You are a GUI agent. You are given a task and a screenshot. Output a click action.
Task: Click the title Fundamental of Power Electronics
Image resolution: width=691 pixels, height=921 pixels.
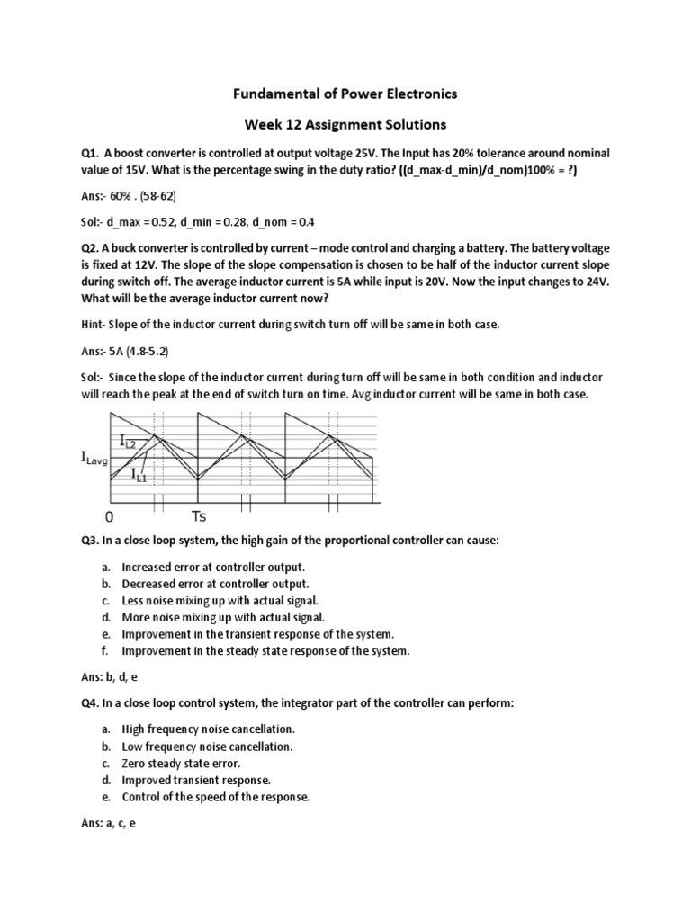click(x=345, y=94)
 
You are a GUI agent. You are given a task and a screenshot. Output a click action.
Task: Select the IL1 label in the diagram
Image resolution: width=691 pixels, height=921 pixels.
click(x=139, y=474)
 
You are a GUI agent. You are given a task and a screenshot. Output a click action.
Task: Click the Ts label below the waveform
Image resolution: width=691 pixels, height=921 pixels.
click(x=200, y=517)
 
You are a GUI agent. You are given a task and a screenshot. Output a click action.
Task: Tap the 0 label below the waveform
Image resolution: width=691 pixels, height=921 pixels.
click(x=109, y=518)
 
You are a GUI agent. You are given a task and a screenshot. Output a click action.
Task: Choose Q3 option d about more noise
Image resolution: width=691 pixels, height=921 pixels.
click(x=222, y=617)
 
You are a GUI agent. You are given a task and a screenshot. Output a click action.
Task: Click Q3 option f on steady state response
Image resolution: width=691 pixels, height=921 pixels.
click(x=265, y=651)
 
